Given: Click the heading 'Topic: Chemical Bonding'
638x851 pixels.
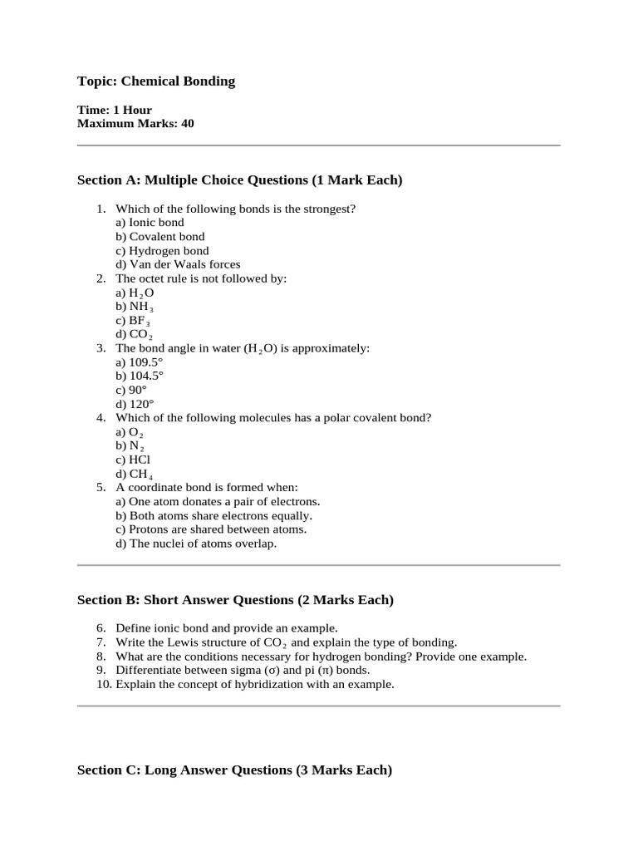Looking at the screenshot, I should (x=156, y=81).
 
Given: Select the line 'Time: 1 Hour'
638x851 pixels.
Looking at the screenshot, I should (x=115, y=110).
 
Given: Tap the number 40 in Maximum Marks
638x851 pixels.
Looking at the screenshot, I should (x=187, y=124).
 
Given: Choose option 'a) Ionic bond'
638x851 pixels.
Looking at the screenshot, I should (x=150, y=223).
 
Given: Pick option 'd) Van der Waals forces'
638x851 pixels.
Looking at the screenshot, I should (x=178, y=264).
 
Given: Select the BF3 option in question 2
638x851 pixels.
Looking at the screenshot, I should (x=133, y=320).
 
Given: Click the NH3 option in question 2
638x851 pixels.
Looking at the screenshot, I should (x=134, y=307).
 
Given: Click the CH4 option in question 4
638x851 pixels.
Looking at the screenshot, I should (x=134, y=474).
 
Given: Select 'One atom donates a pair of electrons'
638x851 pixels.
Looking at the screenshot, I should (x=218, y=501).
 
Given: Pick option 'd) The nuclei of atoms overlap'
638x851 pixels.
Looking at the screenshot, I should (x=196, y=544).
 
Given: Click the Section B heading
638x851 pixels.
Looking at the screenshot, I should (x=235, y=600).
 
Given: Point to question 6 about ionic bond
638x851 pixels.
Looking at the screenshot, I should (x=226, y=628).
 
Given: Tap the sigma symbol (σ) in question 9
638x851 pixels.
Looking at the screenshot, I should (x=269, y=670).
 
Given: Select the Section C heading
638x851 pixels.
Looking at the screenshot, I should (x=234, y=770).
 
